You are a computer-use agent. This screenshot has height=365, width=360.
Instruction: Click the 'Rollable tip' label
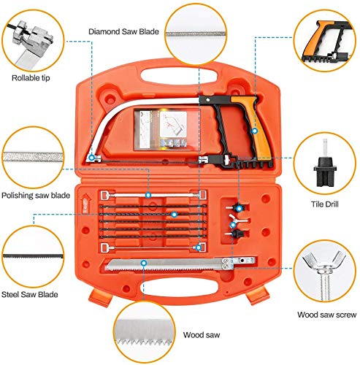tap(31, 78)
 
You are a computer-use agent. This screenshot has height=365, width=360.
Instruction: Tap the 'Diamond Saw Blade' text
tap(123, 31)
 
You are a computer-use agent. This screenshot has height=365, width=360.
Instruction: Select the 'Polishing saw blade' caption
tap(36, 196)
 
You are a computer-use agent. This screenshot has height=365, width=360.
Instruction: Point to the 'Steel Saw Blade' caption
tap(30, 295)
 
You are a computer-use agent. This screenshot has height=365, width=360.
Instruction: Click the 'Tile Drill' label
tap(325, 204)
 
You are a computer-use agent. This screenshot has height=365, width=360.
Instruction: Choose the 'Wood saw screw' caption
tap(327, 315)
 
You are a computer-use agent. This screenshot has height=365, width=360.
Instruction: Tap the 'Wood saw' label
tap(202, 335)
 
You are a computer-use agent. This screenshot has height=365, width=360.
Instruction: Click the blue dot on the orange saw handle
tap(255, 131)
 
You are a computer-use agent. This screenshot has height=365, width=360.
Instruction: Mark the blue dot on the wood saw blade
tap(144, 263)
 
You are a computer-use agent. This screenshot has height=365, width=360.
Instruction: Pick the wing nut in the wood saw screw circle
tap(323, 261)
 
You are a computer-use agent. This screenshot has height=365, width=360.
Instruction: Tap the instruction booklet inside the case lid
tap(161, 129)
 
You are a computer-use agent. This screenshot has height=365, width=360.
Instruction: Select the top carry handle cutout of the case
tap(179, 75)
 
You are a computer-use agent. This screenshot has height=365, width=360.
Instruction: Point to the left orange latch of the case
tap(100, 297)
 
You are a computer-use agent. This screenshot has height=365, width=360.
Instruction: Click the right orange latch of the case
tap(258, 296)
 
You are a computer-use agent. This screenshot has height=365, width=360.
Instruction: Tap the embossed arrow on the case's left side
tap(85, 203)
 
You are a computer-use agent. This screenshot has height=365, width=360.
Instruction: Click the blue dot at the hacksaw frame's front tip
tap(91, 158)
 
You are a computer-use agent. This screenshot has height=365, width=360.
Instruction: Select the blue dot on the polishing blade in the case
tap(148, 195)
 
